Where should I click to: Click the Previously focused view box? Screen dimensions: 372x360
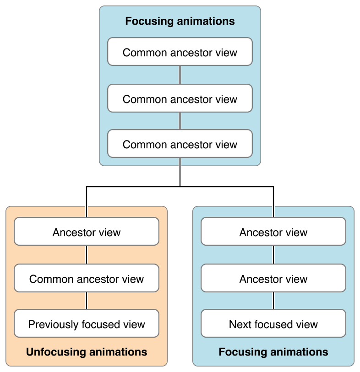click(x=87, y=324)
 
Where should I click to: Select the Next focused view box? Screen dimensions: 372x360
click(x=273, y=324)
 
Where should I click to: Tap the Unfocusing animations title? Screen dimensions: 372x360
click(x=87, y=352)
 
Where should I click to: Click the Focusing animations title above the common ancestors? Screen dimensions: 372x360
click(x=180, y=22)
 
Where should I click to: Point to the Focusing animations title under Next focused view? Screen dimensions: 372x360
click(x=273, y=352)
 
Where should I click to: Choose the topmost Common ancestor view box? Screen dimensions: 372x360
click(x=180, y=52)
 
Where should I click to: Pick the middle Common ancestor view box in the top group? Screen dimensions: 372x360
click(x=180, y=99)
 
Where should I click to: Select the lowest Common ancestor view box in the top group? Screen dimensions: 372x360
click(x=180, y=144)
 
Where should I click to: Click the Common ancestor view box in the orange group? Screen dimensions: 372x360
click(x=87, y=279)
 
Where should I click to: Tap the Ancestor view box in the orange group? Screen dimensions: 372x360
click(x=87, y=232)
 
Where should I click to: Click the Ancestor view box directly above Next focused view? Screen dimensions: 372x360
click(x=273, y=279)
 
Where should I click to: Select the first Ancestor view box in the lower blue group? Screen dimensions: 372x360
click(x=273, y=232)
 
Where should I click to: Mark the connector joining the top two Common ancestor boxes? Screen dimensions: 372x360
click(x=180, y=75)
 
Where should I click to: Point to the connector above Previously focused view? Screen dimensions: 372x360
click(x=87, y=301)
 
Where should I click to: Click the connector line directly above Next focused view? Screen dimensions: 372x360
click(x=273, y=301)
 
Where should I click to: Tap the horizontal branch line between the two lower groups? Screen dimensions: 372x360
click(x=180, y=187)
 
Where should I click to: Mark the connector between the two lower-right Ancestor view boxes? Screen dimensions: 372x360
click(x=273, y=255)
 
